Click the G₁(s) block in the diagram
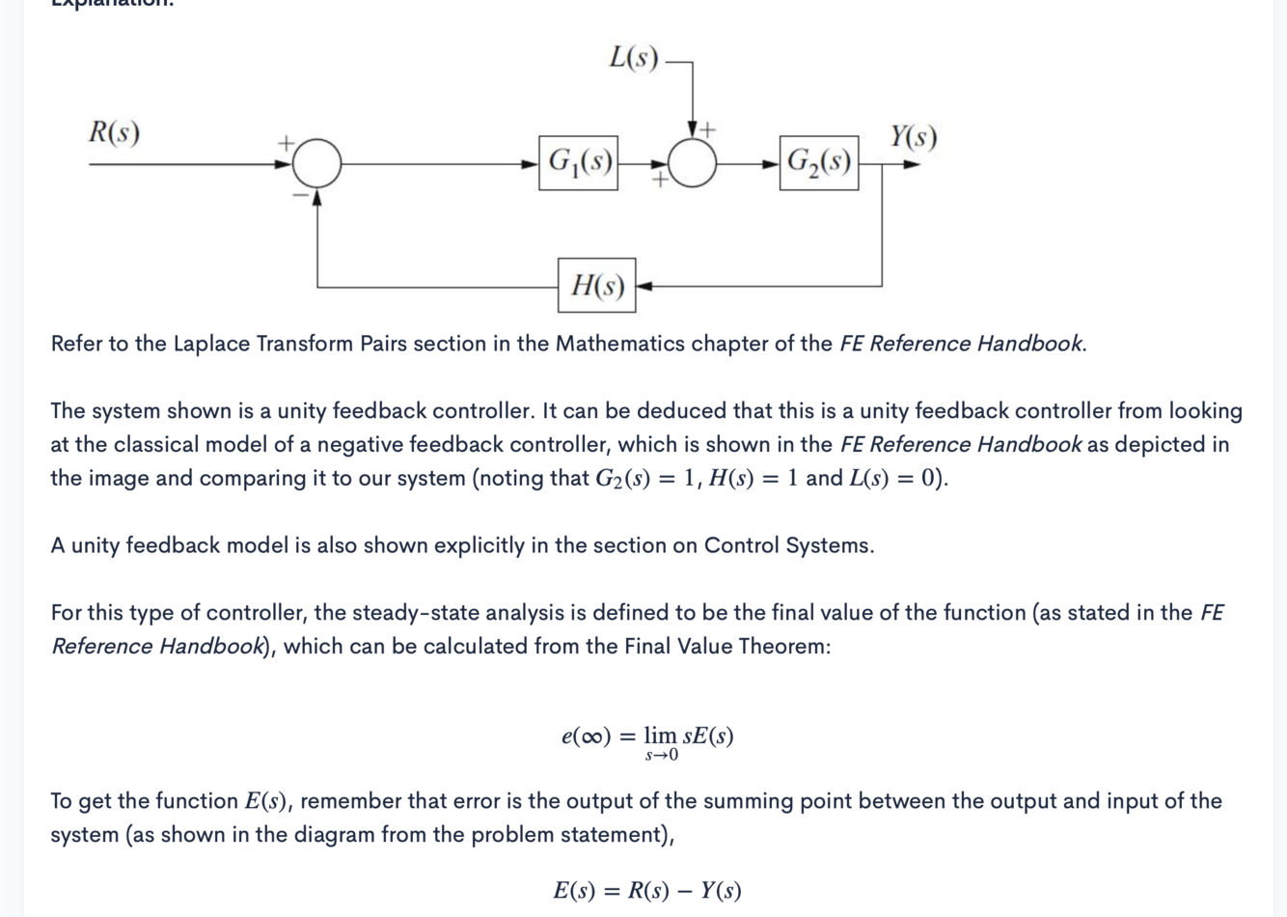coord(578,162)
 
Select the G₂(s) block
coord(818,162)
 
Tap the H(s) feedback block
coord(596,286)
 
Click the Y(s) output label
coord(912,137)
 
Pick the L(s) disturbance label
coord(633,58)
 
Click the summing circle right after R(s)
coord(316,162)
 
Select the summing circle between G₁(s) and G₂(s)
coord(692,162)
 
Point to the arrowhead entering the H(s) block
coord(643,286)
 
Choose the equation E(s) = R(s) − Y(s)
coord(646,890)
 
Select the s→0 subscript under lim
coord(661,756)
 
